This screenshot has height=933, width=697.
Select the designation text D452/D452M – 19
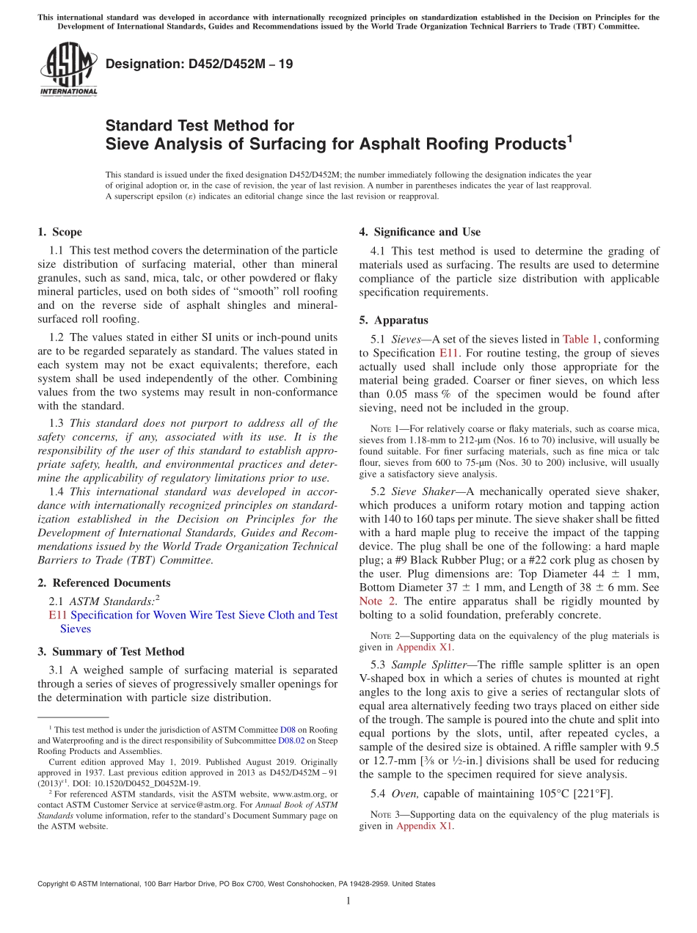click(x=199, y=64)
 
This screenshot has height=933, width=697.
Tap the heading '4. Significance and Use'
click(x=420, y=232)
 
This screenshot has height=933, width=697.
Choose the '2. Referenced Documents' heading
click(x=103, y=583)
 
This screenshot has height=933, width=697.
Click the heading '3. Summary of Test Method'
click(x=111, y=651)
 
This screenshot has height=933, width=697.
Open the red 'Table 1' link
click(x=580, y=339)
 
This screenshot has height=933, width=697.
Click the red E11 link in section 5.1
click(x=448, y=353)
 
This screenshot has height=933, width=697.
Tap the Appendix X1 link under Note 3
click(x=425, y=826)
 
